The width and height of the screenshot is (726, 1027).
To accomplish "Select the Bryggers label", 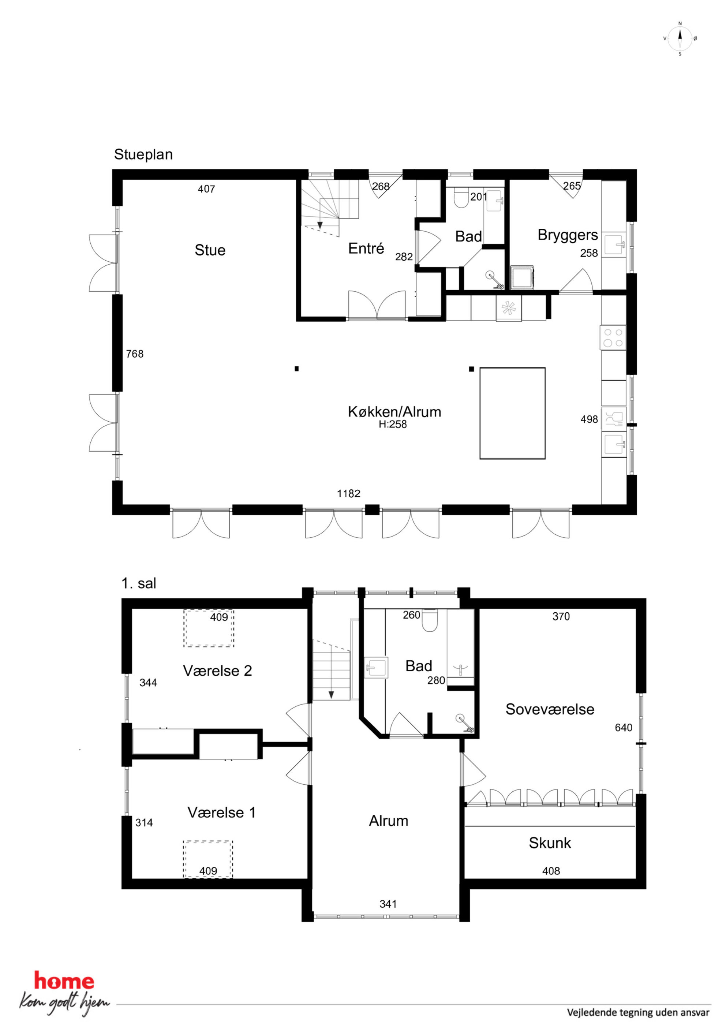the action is pos(568,235).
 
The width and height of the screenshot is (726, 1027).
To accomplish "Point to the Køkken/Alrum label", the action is pos(394,411).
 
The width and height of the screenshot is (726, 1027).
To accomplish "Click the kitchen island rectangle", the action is pos(512,413).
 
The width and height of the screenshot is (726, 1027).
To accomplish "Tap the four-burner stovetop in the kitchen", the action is pos(613,338).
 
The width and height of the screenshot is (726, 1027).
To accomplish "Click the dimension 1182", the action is pos(348,493).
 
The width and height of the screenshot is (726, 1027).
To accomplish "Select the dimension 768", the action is pos(135,354).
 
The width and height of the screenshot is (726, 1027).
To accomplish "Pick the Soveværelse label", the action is pos(550,709).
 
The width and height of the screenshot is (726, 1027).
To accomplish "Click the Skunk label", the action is pos(550,843).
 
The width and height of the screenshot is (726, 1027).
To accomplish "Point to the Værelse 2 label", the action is pos(217,671).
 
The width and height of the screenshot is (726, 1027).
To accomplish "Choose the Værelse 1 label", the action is pos(221,812).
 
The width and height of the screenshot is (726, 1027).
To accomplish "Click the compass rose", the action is pos(680,38).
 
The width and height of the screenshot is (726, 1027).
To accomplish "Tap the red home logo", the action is pos(64,981).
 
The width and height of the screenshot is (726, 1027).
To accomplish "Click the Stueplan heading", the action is pos(143,154).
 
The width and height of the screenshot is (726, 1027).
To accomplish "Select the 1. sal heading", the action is pos(139,583).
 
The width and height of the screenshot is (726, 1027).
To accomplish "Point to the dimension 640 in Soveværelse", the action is pos(624,728).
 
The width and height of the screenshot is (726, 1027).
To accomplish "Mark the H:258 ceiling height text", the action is pos(393,425).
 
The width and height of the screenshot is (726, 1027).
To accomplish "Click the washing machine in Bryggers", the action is pos(522,278).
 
